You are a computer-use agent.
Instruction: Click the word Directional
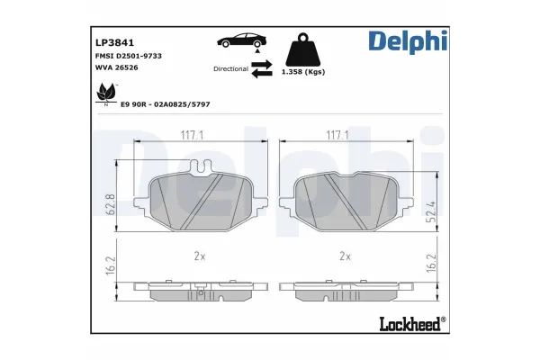click(x=230, y=68)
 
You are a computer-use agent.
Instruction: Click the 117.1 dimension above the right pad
click(x=337, y=135)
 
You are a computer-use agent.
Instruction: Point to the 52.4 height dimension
click(x=431, y=212)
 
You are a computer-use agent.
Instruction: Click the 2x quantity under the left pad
click(x=200, y=256)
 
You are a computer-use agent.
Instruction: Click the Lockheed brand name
click(x=406, y=323)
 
